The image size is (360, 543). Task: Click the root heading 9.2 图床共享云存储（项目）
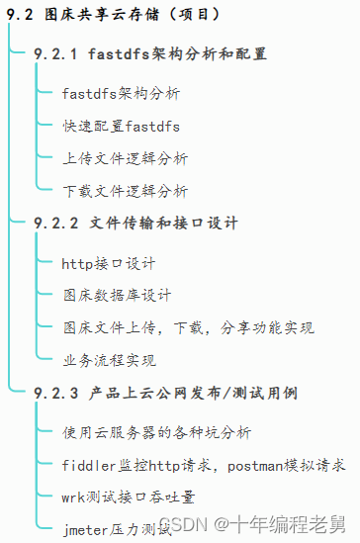(x=113, y=15)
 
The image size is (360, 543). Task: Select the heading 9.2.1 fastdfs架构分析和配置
(x=150, y=53)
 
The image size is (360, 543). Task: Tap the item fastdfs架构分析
(x=121, y=94)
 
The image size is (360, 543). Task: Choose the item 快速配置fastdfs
(x=121, y=127)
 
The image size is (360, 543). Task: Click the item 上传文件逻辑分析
(x=125, y=158)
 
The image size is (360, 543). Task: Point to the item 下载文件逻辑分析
(x=125, y=191)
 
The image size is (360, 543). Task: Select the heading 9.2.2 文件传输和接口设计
(x=135, y=224)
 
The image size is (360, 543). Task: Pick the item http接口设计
(x=109, y=264)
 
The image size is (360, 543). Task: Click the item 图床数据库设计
(x=117, y=296)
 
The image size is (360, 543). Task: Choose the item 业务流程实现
(x=109, y=360)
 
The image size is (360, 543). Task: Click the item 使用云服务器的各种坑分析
(x=156, y=433)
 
